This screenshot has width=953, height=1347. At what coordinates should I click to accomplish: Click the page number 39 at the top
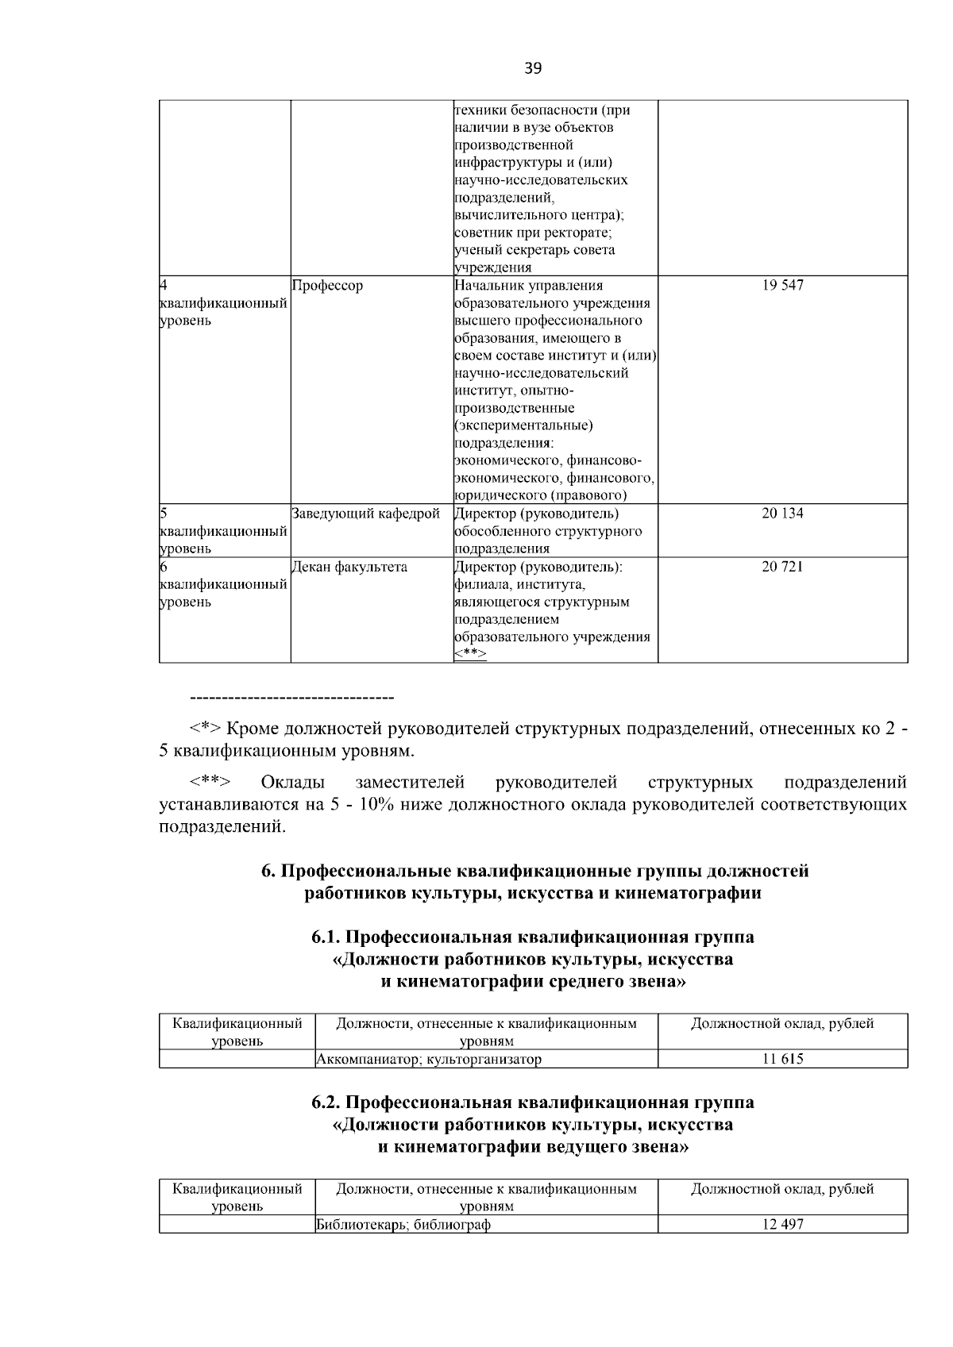533,68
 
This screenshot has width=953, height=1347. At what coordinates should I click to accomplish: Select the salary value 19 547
782,286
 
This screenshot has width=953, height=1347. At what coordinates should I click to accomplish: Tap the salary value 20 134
782,514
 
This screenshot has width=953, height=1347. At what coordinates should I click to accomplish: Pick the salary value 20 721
782,567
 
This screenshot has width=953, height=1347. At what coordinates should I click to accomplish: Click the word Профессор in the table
327,286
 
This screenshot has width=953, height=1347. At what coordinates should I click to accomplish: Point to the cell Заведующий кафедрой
365,514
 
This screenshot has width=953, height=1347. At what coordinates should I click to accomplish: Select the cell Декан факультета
349,567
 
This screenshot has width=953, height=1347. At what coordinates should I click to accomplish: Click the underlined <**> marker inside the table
470,654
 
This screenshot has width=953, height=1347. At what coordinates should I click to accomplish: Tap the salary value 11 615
782,1059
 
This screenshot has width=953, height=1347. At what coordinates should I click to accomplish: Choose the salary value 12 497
782,1224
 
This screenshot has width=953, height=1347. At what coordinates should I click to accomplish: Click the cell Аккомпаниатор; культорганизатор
429,1059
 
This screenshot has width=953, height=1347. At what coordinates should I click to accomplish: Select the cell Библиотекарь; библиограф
403,1224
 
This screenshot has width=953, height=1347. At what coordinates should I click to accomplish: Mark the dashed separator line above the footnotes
292,698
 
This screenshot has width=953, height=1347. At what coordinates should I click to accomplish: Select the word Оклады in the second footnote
292,783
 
